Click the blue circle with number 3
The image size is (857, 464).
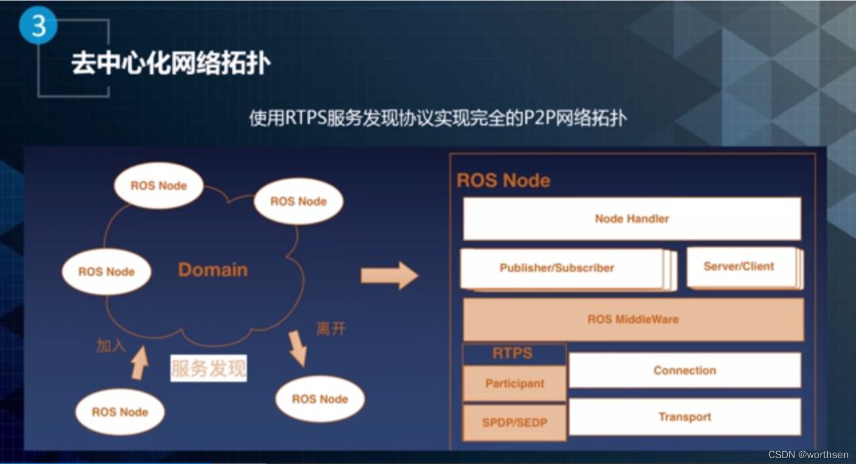tap(38, 25)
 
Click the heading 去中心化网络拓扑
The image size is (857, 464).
tap(170, 63)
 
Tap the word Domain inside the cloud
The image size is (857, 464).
tap(213, 270)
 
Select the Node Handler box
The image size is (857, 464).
tap(632, 219)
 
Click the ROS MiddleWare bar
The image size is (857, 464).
tap(633, 319)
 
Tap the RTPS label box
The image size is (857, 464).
tap(513, 354)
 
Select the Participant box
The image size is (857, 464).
tap(514, 383)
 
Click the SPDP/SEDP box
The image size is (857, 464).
tap(514, 422)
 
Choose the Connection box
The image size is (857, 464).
tap(684, 370)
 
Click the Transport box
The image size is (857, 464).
tap(684, 417)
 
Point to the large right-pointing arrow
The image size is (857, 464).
tap(389, 276)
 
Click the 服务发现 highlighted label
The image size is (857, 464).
tap(208, 369)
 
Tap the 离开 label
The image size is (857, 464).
tap(331, 329)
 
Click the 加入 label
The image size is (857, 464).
tap(111, 346)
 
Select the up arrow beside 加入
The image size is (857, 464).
tap(140, 363)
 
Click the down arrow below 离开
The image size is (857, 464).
tap(298, 348)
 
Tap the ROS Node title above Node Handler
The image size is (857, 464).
tap(503, 180)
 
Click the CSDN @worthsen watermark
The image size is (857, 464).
tap(808, 454)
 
